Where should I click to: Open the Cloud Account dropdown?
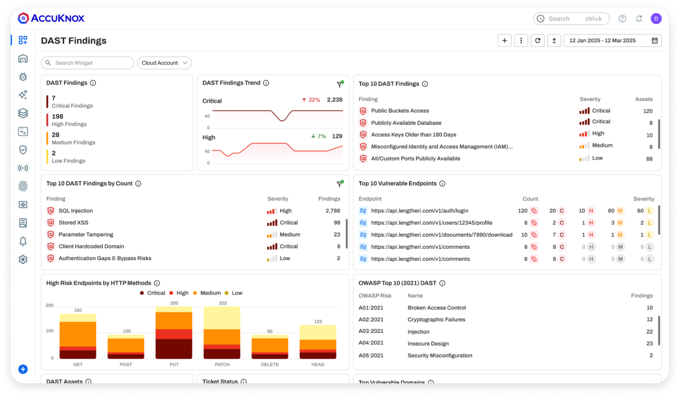[x=164, y=63]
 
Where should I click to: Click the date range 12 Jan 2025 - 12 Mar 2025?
[x=608, y=41]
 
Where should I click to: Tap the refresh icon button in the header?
[x=537, y=41]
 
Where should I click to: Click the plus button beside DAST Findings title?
[x=504, y=41]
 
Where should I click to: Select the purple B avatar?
[x=656, y=18]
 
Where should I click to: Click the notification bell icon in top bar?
[x=639, y=18]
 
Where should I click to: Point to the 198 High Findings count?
[x=57, y=117]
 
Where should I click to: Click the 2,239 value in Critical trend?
[x=334, y=100]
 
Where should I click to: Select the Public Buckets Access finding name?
[x=400, y=111]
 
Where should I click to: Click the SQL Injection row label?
[x=75, y=211]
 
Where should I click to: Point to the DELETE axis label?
[x=270, y=365]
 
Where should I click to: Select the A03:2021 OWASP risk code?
[x=371, y=331]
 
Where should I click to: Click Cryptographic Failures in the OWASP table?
[x=436, y=320]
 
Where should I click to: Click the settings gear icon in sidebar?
[x=23, y=259]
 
